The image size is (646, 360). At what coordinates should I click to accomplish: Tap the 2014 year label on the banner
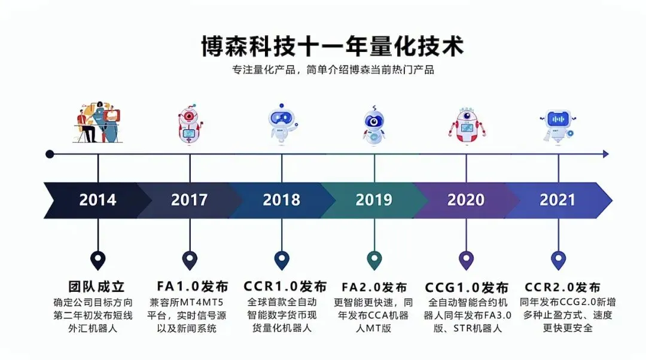coord(97,200)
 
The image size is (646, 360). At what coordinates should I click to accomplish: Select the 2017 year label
coord(190,200)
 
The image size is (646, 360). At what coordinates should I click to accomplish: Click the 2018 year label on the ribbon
coord(282,200)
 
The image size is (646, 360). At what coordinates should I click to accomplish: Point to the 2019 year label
coord(374,200)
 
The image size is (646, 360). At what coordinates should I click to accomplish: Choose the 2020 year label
coord(466,200)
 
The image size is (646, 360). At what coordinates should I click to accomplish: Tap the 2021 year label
coord(558,200)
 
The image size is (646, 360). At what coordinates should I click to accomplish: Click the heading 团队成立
coord(97,286)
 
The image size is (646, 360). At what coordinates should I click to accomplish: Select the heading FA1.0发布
coord(192,286)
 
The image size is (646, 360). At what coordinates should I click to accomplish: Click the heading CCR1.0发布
coord(285,286)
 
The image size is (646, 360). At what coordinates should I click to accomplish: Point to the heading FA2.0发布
coord(374,287)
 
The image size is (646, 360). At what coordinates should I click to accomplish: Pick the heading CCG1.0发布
coord(467,287)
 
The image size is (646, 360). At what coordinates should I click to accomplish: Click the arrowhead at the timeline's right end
coord(606,154)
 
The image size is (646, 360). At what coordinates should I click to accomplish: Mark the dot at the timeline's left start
coord(50,154)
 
